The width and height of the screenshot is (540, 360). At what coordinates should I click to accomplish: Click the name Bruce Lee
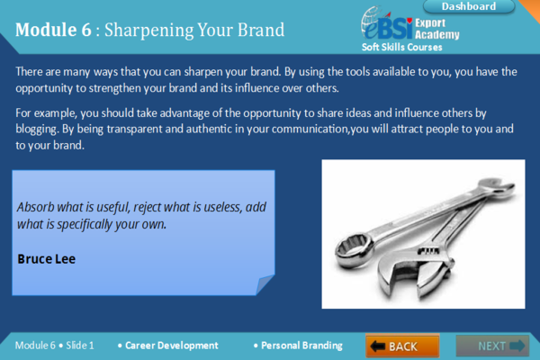click(x=47, y=258)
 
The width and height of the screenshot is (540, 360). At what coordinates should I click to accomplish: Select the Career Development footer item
click(x=171, y=346)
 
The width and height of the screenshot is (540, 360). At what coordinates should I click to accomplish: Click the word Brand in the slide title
click(x=258, y=30)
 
